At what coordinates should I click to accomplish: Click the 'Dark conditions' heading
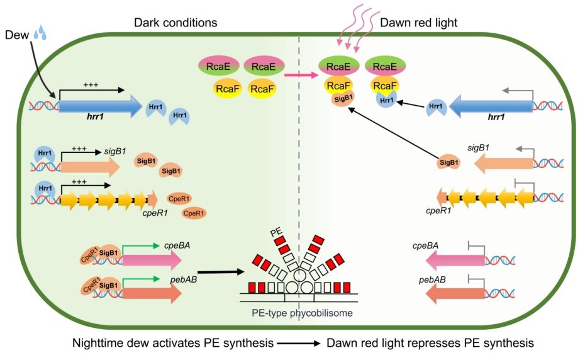[175, 23]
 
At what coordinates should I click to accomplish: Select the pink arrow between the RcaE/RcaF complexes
[298, 76]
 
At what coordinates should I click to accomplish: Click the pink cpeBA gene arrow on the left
[142, 258]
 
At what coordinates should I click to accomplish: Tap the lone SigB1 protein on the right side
[448, 162]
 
